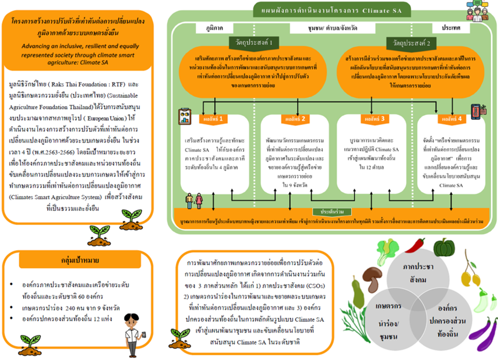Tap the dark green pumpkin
[446, 248]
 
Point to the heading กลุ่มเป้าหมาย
[77, 260]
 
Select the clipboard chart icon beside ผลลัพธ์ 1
[185, 116]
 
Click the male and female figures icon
[194, 200]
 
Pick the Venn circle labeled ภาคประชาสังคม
[419, 272]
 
